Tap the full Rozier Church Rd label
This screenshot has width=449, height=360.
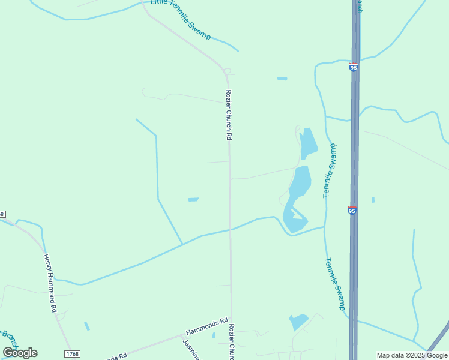(x=228, y=115)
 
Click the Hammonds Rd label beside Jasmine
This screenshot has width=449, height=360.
(x=207, y=326)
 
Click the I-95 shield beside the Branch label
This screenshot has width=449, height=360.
(x=353, y=67)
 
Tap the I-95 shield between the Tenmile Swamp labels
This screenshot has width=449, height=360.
(x=352, y=211)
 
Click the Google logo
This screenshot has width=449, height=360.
(x=20, y=353)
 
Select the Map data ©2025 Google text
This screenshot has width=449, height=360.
(x=412, y=355)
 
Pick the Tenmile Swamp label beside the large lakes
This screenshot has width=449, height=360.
(x=330, y=171)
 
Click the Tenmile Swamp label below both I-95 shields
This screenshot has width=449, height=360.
(x=335, y=284)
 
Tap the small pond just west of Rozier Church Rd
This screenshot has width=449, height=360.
(x=193, y=199)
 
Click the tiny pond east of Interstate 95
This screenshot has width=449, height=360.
(x=373, y=200)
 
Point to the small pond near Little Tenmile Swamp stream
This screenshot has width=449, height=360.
(x=282, y=79)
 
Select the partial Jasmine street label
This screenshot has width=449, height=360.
(x=190, y=349)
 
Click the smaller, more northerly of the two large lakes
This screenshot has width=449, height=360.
(x=309, y=143)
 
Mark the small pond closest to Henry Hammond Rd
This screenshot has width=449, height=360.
(x=87, y=326)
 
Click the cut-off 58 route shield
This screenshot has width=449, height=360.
(x=2, y=214)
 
